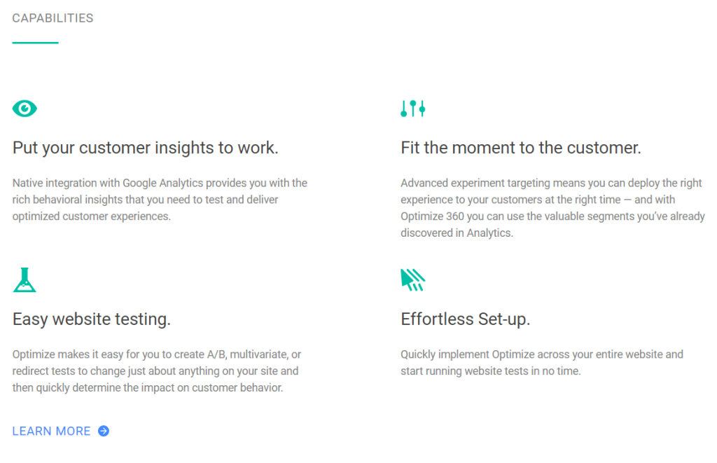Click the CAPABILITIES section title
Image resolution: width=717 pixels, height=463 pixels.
53,18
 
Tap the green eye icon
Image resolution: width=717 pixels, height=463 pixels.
25,109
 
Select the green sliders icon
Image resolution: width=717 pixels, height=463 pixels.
413,109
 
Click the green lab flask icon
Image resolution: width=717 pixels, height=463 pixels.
25,280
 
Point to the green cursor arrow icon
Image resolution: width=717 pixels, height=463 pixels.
413,280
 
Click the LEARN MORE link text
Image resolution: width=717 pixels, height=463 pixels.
51,431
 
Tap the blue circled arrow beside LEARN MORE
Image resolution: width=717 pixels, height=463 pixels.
104,431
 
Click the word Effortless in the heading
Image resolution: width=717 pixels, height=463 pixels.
437,319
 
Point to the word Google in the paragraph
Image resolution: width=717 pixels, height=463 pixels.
139,184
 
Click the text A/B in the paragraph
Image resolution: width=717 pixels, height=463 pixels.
217,354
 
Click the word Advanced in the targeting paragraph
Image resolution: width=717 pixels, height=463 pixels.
424,183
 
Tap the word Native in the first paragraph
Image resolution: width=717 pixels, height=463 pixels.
27,183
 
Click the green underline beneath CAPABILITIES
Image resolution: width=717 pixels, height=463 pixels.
35,43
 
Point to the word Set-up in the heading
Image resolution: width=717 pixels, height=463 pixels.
504,319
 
